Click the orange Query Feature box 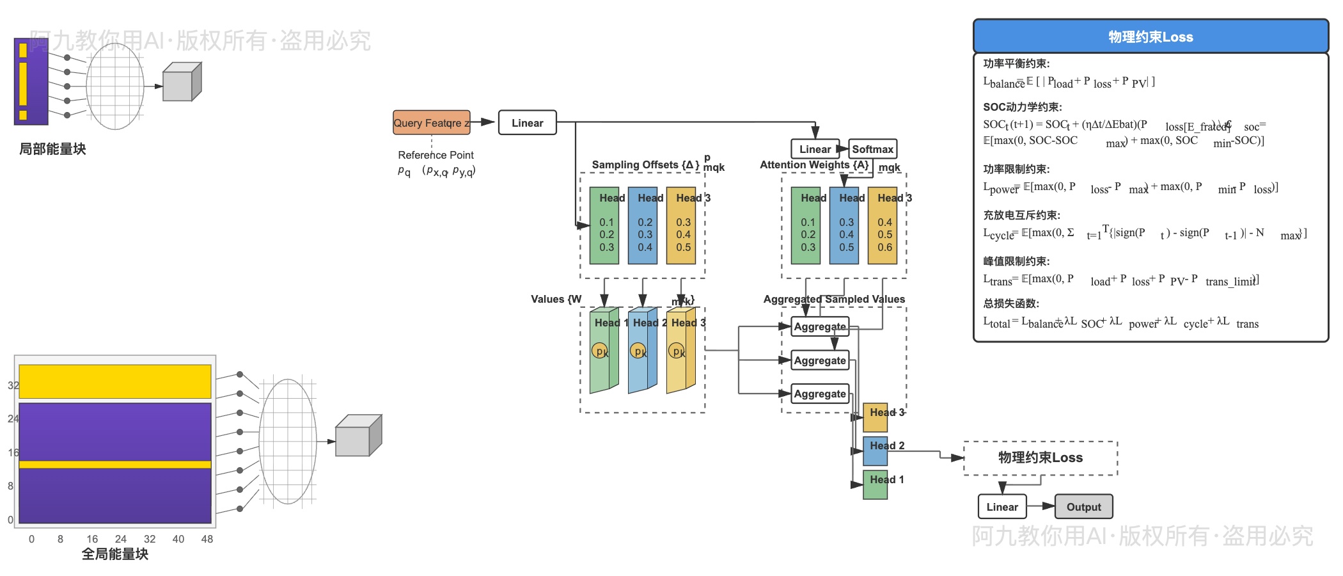[x=432, y=122]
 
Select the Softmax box [x=872, y=149]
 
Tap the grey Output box [x=1083, y=507]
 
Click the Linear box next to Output [x=1002, y=507]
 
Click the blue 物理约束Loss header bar [x=1151, y=36]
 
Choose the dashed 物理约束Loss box [x=1041, y=458]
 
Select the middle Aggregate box [x=820, y=360]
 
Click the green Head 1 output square [x=875, y=485]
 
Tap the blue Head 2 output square [x=875, y=451]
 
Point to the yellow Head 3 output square [x=875, y=418]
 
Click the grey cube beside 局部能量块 [x=182, y=83]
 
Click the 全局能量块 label [x=115, y=554]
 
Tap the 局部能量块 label [x=52, y=149]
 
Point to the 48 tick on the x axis [x=207, y=540]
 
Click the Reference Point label [x=436, y=155]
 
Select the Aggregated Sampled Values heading [x=834, y=299]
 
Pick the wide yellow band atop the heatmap [x=115, y=381]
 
